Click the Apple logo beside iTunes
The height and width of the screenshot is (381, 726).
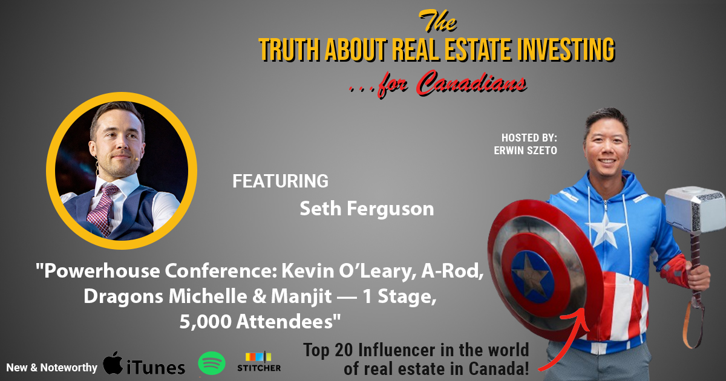click(113, 363)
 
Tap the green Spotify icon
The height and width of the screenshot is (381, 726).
click(212, 363)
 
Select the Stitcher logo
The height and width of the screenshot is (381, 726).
click(259, 362)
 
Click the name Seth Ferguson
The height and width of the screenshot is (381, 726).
click(367, 209)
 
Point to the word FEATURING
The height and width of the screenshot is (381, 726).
click(280, 181)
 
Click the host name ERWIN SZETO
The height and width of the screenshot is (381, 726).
click(525, 151)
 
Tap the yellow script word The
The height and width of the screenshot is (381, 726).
click(438, 21)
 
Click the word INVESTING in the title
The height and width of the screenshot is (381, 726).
click(565, 49)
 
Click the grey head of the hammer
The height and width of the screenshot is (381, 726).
click(696, 209)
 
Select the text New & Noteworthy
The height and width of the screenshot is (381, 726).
click(52, 368)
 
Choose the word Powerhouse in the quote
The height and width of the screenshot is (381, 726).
click(102, 271)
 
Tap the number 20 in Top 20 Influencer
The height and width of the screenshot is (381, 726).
click(344, 350)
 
